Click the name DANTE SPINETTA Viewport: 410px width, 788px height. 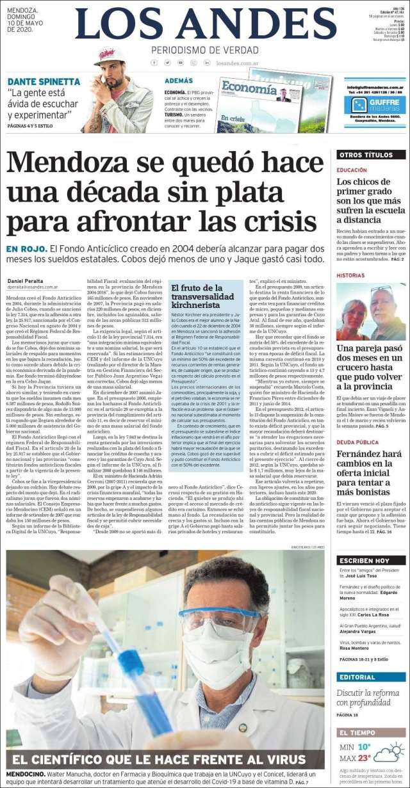44,82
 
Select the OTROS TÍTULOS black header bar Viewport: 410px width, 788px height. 372,155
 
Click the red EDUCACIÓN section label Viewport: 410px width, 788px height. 352,170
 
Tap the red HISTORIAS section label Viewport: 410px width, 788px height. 351,275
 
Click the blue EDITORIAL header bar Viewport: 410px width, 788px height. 372,677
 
